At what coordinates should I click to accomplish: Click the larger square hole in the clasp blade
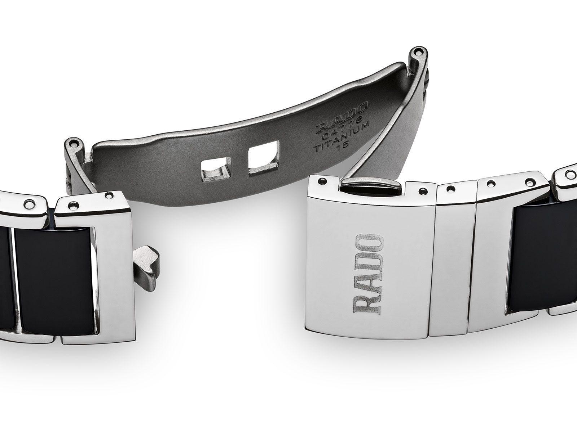(263, 160)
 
